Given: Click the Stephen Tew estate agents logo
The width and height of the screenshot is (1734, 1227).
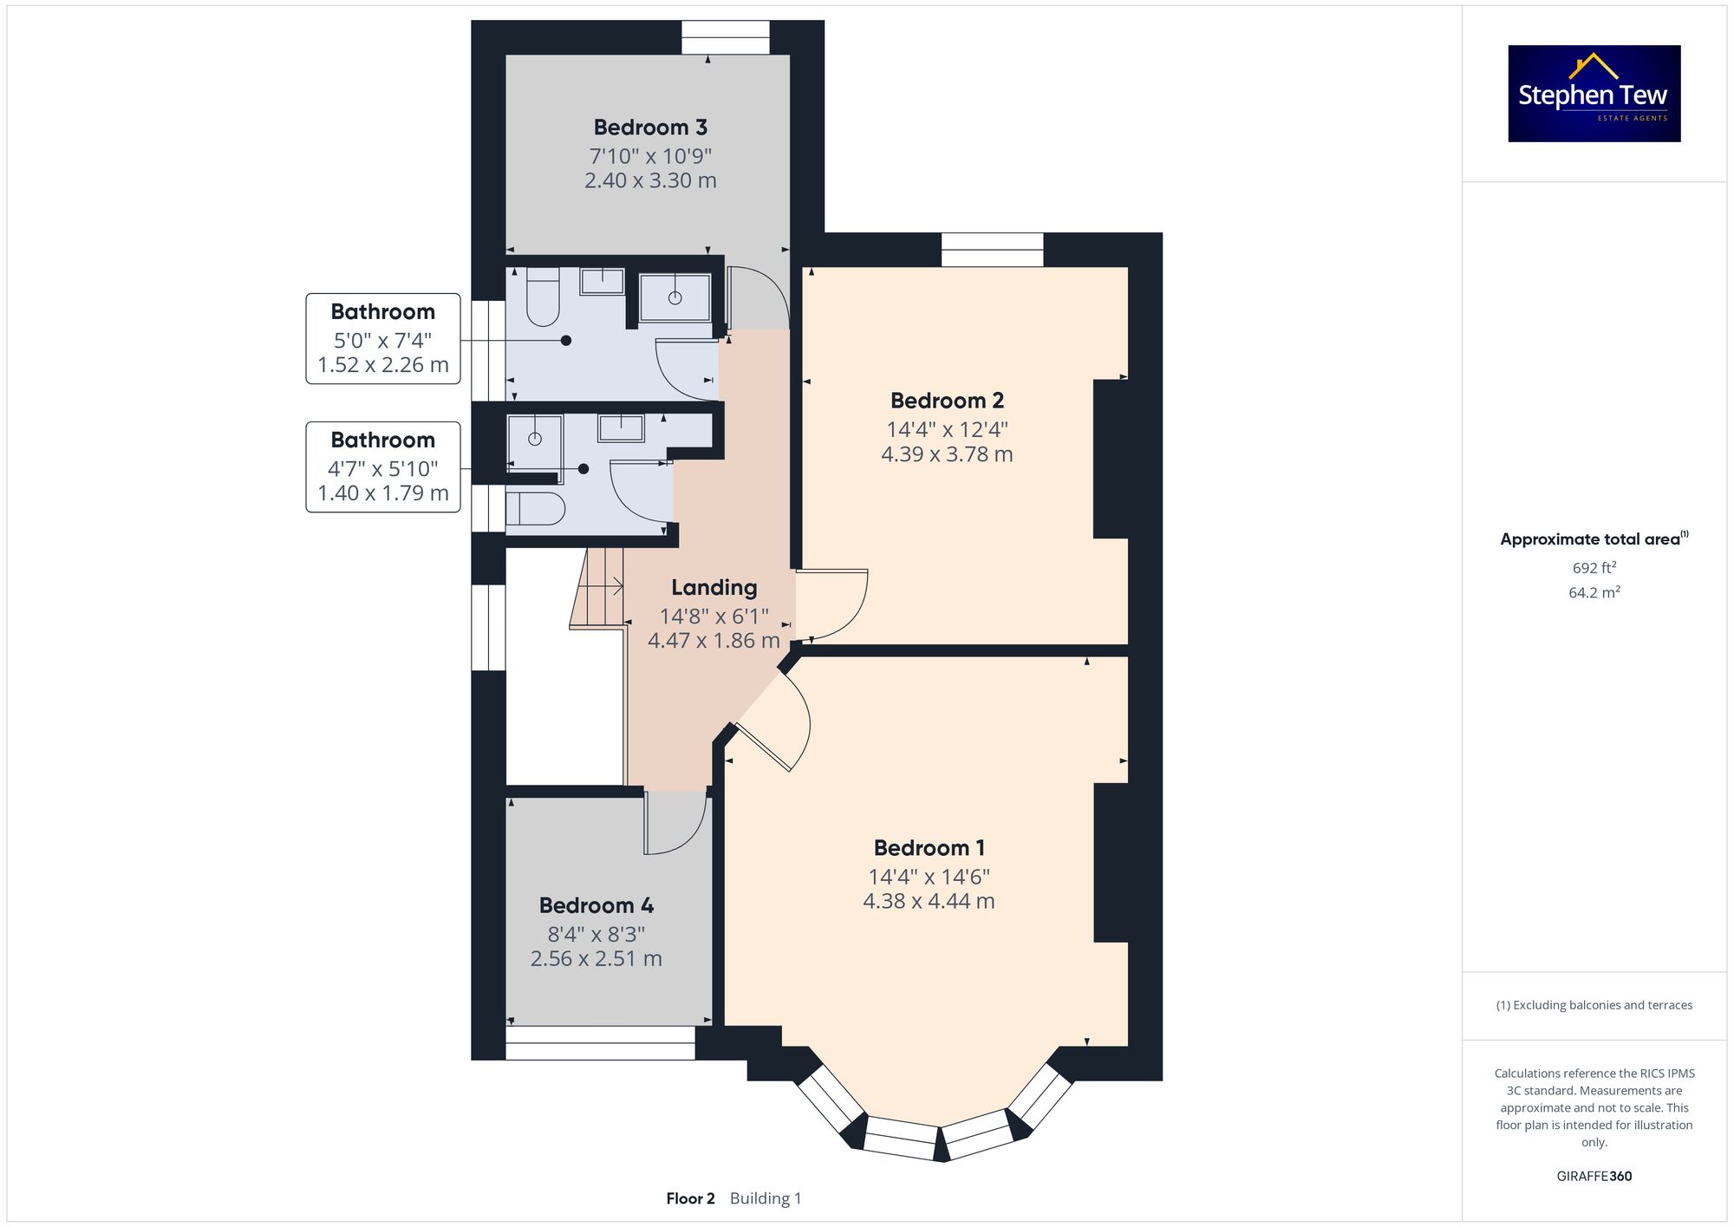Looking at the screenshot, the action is [x=1594, y=94].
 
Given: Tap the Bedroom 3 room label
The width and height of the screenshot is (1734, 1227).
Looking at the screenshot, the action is [x=650, y=127].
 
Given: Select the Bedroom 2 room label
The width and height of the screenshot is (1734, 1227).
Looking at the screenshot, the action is [x=947, y=401].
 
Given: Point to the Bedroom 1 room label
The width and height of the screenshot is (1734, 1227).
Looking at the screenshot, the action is [x=929, y=848].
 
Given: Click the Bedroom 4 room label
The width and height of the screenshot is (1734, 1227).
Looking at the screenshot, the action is [x=596, y=905].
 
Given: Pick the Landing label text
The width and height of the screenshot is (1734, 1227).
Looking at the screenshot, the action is [x=714, y=588].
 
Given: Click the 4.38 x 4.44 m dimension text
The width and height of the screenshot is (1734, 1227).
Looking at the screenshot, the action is [x=929, y=901].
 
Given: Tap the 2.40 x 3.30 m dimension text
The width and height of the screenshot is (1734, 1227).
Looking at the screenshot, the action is [x=650, y=180].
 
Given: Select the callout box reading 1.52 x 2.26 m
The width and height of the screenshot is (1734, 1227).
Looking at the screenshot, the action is [x=383, y=338].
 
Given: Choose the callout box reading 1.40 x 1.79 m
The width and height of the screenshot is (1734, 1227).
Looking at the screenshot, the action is [x=383, y=467].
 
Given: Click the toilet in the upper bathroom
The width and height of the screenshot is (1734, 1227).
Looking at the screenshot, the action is [x=544, y=297].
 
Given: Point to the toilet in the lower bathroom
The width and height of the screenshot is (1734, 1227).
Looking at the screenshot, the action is [x=535, y=509].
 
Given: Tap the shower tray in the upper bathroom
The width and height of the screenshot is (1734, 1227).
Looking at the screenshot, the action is [x=675, y=297].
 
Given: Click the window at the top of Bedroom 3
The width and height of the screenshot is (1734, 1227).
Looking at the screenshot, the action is [x=725, y=37].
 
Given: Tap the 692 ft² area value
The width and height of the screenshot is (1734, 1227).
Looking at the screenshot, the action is [x=1594, y=568].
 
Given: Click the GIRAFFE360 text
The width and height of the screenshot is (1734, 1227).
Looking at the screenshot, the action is [x=1594, y=1176].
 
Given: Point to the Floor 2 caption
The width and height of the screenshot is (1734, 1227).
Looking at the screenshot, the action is [x=690, y=1198].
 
